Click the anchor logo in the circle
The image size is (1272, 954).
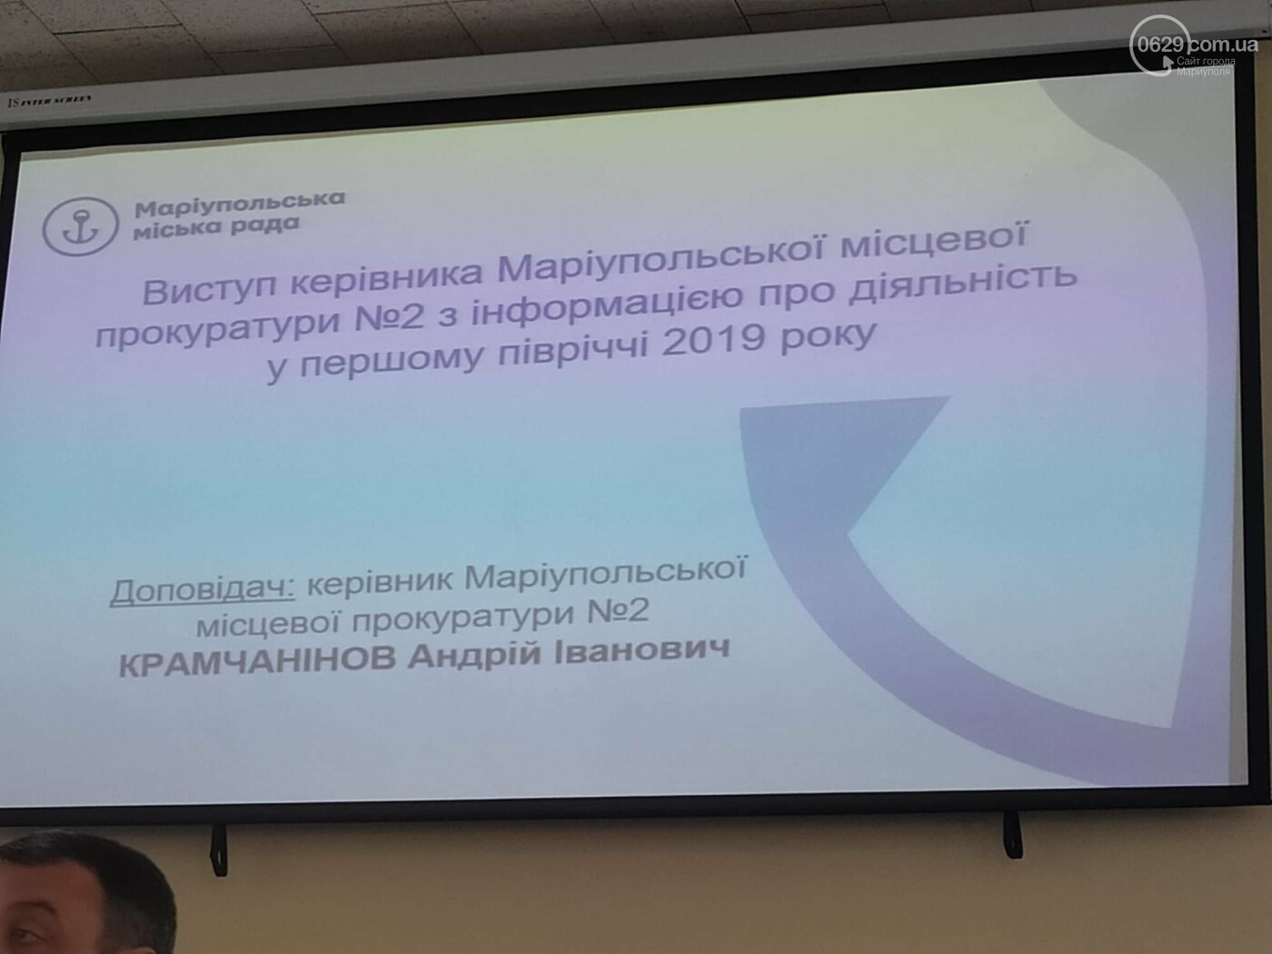click(x=80, y=226)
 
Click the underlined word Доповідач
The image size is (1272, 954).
click(x=203, y=591)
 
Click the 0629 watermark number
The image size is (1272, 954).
click(x=1161, y=44)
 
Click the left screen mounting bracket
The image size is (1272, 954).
click(x=218, y=850)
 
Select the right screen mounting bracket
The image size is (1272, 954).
click(x=1012, y=834)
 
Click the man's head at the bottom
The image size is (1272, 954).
click(x=81, y=895)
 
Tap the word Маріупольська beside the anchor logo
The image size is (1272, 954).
click(x=240, y=205)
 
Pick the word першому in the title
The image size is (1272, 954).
click(x=392, y=355)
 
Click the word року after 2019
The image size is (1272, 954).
click(x=827, y=336)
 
